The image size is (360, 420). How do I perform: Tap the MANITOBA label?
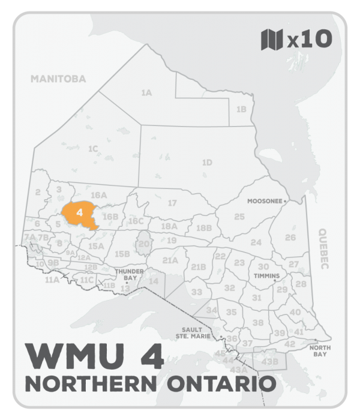[x=59, y=79]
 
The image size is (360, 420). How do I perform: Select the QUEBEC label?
[x=326, y=250]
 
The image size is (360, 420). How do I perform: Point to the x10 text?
[x=309, y=40]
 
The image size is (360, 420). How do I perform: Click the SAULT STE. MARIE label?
[x=201, y=332]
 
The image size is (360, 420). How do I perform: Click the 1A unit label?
[x=146, y=93]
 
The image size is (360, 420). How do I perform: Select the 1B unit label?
[x=241, y=109]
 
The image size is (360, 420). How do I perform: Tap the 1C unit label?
[x=92, y=148]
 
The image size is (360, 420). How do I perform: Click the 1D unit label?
[x=207, y=162]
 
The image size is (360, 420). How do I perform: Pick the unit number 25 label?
[x=239, y=216]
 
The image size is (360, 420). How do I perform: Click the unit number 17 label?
[x=172, y=203]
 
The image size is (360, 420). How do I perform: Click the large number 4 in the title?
[x=150, y=356]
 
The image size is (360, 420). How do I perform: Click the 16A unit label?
[x=98, y=195]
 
